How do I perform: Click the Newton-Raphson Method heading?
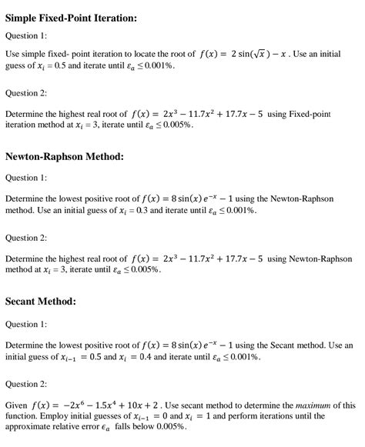(64, 156)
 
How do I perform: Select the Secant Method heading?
(41, 301)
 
